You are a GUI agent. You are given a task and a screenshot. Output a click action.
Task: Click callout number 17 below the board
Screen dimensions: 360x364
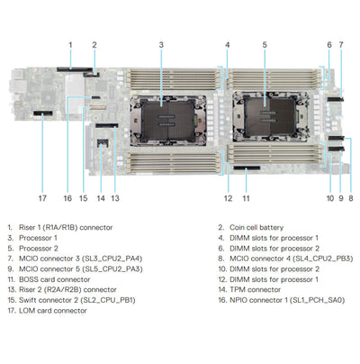(42, 198)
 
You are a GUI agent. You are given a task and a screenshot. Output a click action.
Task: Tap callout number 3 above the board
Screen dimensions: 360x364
(161, 45)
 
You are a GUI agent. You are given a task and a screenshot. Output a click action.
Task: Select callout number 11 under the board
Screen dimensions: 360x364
(246, 198)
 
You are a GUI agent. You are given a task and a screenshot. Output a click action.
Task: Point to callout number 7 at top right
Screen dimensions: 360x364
(341, 45)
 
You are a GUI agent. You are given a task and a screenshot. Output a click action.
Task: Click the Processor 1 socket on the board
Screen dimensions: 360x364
(168, 121)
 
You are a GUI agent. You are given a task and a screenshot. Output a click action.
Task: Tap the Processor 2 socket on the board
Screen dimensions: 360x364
(271, 116)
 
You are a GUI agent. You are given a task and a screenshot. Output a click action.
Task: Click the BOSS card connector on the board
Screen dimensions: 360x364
(247, 168)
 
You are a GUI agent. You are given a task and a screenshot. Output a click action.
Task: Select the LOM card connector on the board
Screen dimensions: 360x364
(43, 114)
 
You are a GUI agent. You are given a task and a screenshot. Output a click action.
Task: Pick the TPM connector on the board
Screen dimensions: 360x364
(103, 142)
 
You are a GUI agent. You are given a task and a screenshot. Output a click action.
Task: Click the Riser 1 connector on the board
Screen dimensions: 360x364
(75, 69)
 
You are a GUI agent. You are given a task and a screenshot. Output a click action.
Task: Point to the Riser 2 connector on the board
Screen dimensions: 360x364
(107, 125)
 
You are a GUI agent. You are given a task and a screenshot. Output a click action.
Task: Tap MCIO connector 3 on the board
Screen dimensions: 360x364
(336, 99)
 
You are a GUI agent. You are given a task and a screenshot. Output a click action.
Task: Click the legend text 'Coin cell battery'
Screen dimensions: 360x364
(256, 228)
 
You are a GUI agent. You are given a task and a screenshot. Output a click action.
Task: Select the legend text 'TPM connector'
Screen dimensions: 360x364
(255, 290)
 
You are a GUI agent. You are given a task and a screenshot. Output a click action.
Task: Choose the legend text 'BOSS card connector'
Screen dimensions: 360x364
(55, 279)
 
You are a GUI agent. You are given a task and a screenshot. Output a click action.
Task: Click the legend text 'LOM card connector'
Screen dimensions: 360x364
(53, 311)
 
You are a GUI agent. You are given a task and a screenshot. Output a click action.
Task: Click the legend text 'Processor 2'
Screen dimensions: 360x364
(39, 249)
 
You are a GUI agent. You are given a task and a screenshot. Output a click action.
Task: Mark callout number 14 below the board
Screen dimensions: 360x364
(101, 198)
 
